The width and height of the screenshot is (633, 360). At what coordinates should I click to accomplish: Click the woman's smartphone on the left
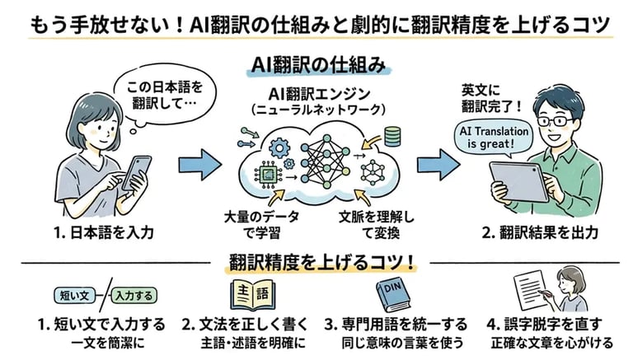[135, 168]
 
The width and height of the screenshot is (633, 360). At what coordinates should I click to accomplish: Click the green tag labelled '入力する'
[133, 294]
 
